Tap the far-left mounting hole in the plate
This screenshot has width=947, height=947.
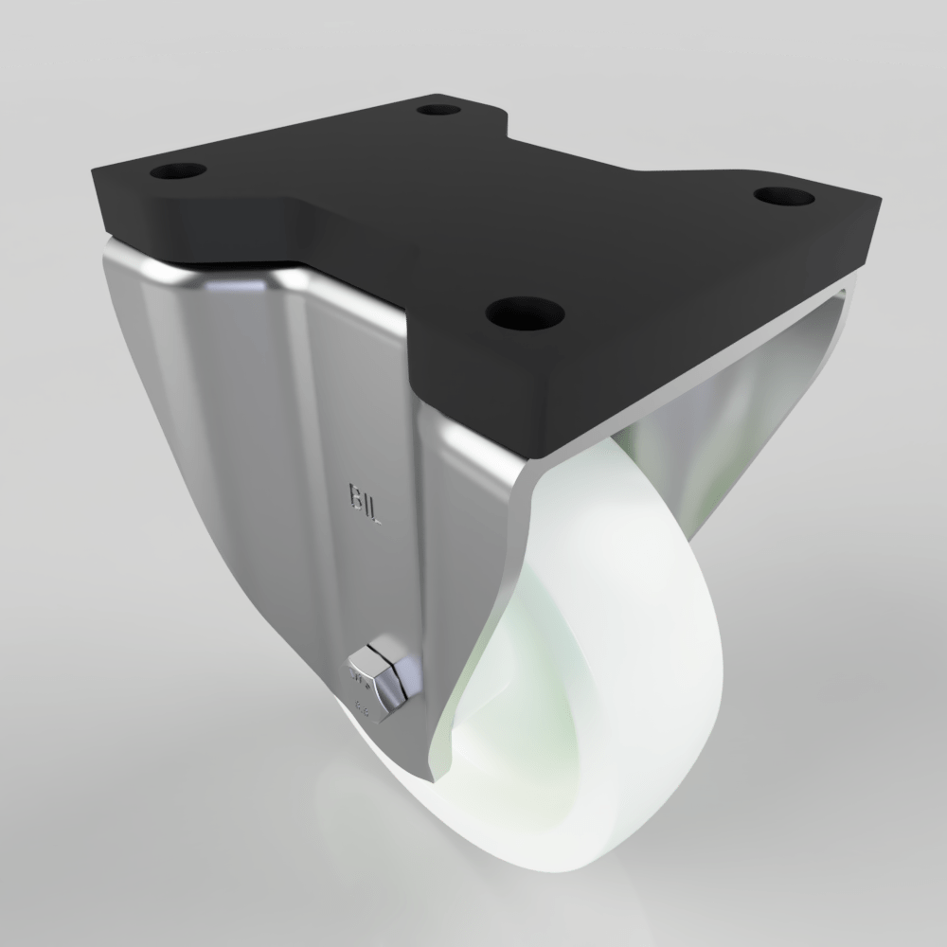pos(177,173)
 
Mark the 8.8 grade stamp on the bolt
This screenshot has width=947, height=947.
pos(361,705)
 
